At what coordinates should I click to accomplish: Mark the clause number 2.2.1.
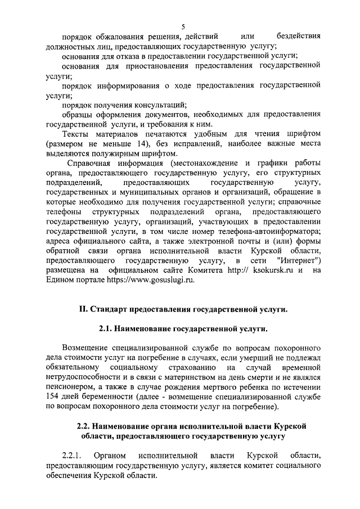coord(73,454)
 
